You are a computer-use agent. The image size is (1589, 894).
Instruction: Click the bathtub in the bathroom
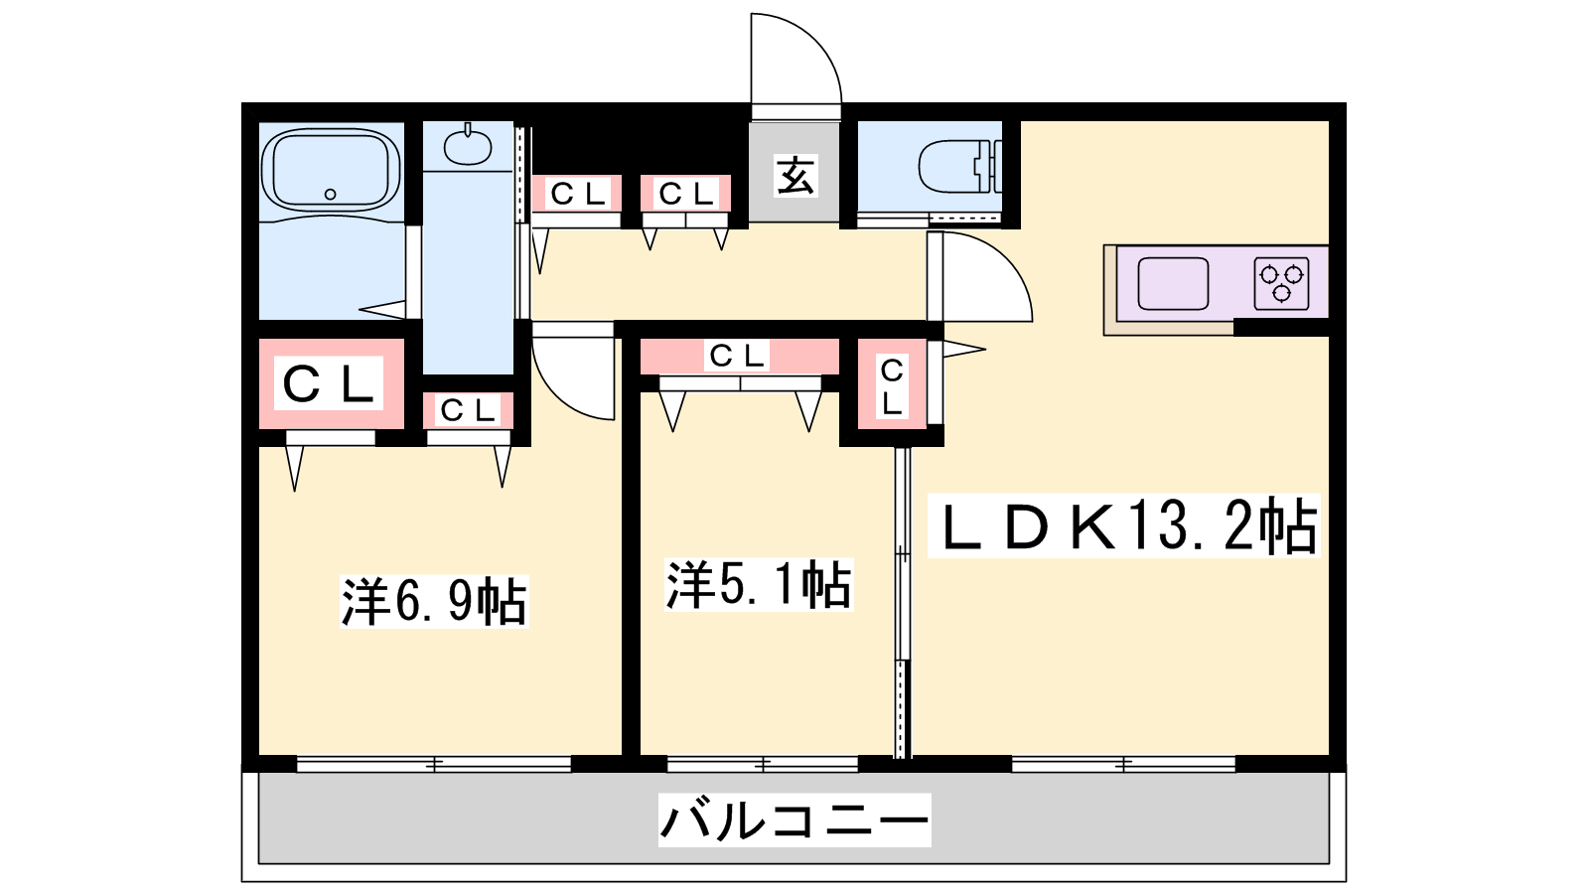[x=331, y=169]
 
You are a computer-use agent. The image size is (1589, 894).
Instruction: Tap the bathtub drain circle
[x=330, y=194]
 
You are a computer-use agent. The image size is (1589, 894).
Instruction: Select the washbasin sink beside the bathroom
[x=468, y=146]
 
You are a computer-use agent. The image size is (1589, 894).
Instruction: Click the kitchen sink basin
[x=1173, y=284]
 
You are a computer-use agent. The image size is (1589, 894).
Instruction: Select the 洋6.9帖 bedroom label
[x=434, y=601]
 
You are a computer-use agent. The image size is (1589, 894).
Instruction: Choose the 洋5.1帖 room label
[x=759, y=585]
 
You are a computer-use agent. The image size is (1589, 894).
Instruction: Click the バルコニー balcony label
[x=794, y=820]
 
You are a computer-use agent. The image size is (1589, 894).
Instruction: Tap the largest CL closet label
[x=329, y=383]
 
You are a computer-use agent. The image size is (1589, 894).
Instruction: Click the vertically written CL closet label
[x=892, y=386]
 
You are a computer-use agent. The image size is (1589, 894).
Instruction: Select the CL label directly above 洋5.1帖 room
[x=738, y=356]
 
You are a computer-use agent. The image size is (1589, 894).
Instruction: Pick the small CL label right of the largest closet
[x=468, y=410]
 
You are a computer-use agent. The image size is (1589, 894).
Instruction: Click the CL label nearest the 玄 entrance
[x=686, y=194]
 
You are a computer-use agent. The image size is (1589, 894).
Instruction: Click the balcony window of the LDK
[x=1123, y=764]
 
